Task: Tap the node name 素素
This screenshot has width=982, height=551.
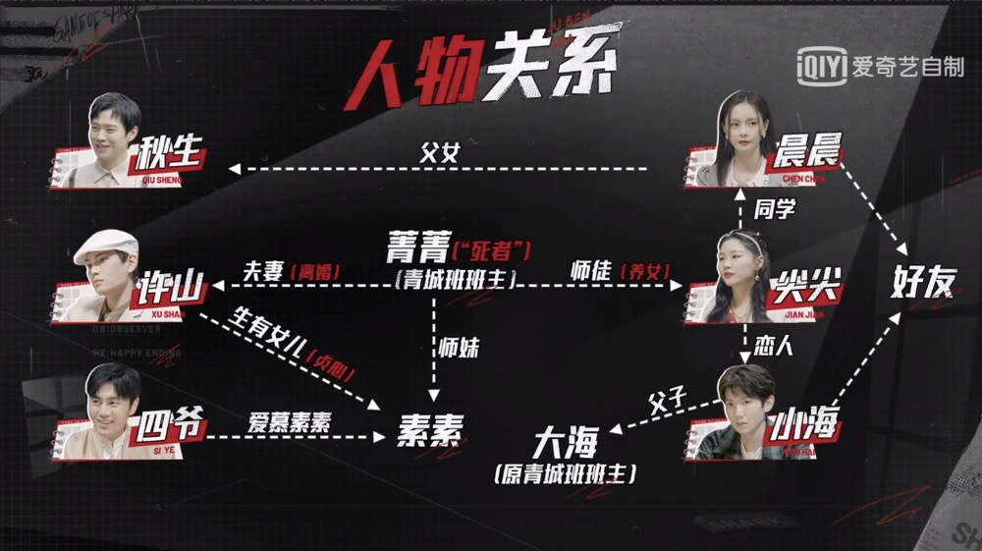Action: point(429,428)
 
